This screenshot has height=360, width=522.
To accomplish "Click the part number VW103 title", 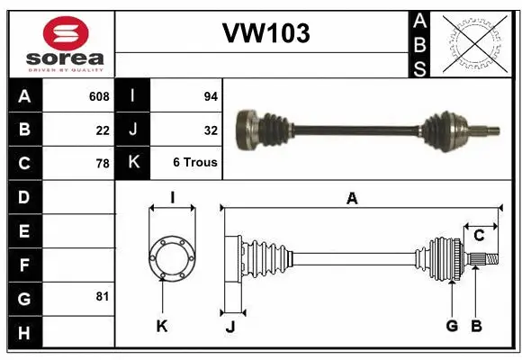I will (265, 33).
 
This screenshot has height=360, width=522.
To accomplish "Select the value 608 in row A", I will (99, 96).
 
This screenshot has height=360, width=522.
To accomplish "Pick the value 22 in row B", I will (103, 130).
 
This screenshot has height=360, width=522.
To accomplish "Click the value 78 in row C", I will (103, 164).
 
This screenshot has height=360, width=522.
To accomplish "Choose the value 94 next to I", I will (211, 96).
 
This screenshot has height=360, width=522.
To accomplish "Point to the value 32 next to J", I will (211, 130).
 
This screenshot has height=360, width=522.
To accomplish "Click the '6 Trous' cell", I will (195, 164).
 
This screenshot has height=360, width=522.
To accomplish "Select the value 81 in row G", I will (103, 296).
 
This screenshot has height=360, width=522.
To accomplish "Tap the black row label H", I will (23, 332).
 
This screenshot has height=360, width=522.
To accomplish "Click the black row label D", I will (23, 197).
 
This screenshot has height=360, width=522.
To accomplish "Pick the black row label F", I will (23, 265).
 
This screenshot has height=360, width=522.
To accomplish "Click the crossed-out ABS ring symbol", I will (476, 43).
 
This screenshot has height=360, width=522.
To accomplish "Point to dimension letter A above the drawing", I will (352, 198).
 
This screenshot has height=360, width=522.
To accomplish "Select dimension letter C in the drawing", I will (479, 235).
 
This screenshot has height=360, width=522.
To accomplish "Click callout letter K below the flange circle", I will (162, 326).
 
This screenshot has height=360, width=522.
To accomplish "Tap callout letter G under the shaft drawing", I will (452, 325).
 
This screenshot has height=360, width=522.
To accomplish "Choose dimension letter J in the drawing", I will (230, 326).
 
